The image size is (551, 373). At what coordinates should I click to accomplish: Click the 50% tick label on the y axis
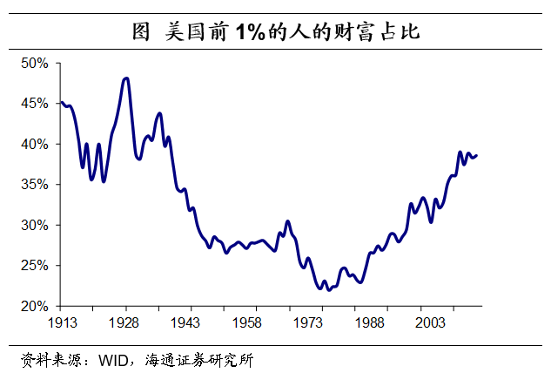coord(35,63)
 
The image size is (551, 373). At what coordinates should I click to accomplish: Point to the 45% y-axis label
coord(35,103)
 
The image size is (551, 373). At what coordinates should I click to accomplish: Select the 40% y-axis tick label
coord(35,144)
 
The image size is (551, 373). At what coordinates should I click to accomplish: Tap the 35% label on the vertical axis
coord(35,184)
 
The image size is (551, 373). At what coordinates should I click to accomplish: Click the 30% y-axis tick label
coord(35,225)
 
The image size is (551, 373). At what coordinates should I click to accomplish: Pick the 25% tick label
coord(35,266)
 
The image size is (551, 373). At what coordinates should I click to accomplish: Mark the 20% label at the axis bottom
coord(35,306)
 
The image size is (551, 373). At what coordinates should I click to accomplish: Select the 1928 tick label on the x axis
coord(126,322)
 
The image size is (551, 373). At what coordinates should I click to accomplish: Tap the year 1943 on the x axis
coord(186,322)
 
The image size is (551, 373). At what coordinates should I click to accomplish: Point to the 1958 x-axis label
coord(247,322)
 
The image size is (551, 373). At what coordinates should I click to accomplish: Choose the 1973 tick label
coord(308,322)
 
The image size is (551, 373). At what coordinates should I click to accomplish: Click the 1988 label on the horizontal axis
coord(369,322)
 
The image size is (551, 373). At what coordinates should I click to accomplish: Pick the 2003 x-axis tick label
coord(430,322)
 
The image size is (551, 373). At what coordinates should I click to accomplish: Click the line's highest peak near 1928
coord(126,78)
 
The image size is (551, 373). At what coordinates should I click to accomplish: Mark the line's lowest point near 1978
coord(328,289)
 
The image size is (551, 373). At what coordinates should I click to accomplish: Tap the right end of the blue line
coord(476,155)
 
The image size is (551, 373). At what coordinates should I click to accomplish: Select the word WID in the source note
coord(111,358)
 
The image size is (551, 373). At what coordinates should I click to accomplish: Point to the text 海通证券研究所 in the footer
coord(201,358)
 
